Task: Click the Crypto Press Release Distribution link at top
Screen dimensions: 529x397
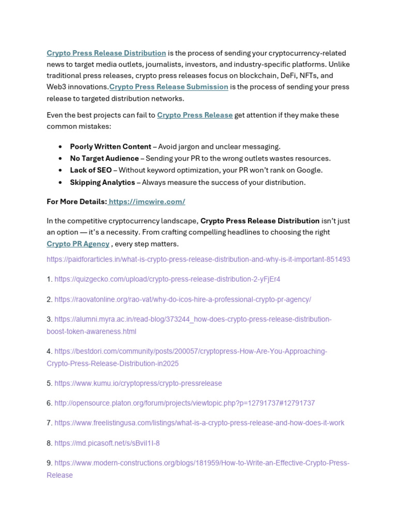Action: [x=106, y=53]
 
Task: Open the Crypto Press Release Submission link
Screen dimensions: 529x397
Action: [x=169, y=87]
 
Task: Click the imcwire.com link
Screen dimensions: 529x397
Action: [x=147, y=201]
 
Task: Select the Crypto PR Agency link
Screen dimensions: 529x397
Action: [x=78, y=244]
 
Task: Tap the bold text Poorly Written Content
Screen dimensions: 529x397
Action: [x=111, y=147]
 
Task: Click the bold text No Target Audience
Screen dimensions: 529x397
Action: [x=104, y=159]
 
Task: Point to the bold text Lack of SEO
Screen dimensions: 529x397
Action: [x=90, y=170]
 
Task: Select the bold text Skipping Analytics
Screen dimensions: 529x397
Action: [x=102, y=182]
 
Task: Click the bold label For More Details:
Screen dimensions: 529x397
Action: [x=77, y=201]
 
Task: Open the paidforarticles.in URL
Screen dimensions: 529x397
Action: [x=198, y=259]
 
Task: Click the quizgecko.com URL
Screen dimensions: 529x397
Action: [x=167, y=279]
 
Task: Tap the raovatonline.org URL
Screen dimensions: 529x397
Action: [x=182, y=300]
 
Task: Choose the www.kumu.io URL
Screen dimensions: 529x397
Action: [x=138, y=383]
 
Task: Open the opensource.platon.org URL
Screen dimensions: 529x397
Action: [x=185, y=403]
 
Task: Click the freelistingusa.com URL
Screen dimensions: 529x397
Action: [x=199, y=423]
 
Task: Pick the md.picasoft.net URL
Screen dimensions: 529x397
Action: [x=107, y=443]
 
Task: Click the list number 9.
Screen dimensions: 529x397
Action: [x=49, y=463]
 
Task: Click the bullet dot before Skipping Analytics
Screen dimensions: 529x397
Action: [x=61, y=182]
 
